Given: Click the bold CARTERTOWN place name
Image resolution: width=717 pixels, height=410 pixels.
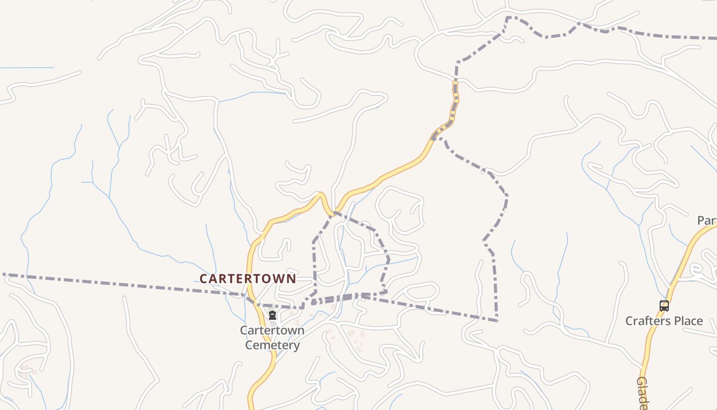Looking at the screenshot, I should [248, 278].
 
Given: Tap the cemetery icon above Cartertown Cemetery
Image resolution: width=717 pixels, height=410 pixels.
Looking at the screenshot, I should [272, 315].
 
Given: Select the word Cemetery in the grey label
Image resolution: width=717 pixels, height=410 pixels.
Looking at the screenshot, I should [272, 345].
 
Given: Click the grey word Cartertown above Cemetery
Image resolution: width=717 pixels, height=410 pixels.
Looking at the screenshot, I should [272, 331].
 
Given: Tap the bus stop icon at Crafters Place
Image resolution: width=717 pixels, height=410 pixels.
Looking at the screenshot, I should [664, 306].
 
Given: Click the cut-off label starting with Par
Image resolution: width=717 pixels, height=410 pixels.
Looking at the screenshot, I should [707, 220].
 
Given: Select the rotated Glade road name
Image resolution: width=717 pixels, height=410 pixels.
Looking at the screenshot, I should [643, 393].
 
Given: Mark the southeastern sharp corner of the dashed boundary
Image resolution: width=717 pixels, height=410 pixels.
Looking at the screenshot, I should [497, 321].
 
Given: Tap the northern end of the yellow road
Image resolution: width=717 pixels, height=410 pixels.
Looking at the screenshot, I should [455, 82].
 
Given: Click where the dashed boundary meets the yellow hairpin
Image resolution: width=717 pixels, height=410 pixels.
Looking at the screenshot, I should [334, 212].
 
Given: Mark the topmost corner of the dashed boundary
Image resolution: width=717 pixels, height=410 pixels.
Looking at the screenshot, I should [509, 17].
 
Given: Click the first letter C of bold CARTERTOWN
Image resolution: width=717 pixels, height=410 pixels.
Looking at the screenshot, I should [203, 278].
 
